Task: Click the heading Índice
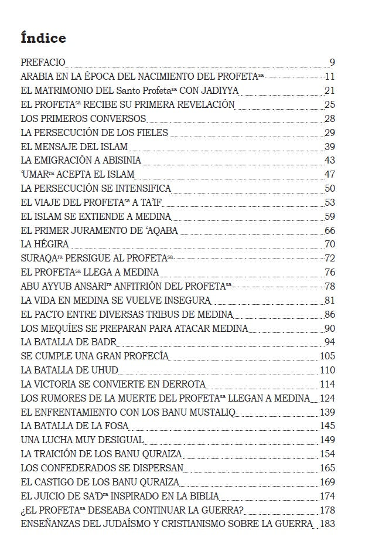point(43,38)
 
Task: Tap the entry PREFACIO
point(43,62)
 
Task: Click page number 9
point(332,62)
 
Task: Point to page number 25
point(330,104)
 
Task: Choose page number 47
point(330,174)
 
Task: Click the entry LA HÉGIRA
point(45,244)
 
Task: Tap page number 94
point(330,342)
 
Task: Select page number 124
point(327,398)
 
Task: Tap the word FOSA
point(115,426)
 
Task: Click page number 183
point(327,524)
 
